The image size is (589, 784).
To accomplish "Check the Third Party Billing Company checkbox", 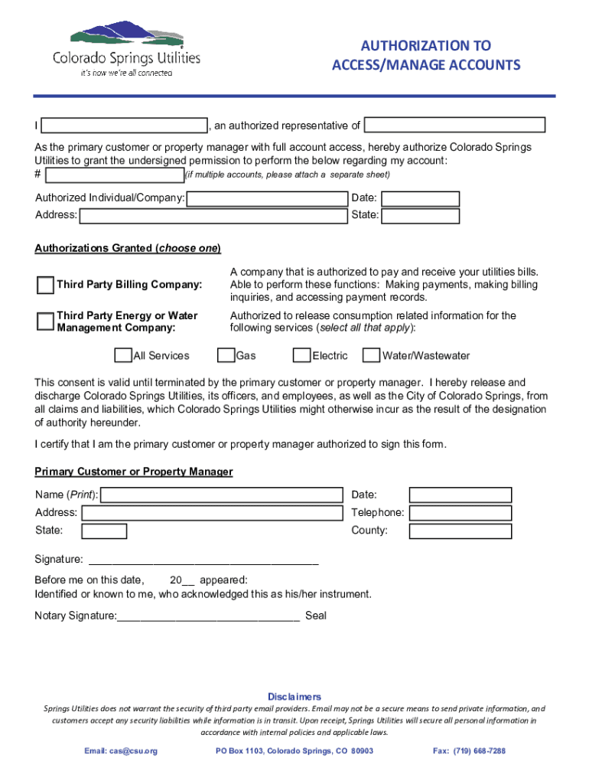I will coord(46,285).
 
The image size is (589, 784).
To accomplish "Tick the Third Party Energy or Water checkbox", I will coord(46,321).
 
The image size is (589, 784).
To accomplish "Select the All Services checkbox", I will coord(122,355).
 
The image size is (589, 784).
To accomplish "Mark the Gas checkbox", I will coord(226,355).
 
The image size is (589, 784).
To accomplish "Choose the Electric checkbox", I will coord(301,355).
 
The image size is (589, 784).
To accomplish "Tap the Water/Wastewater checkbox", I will coord(371,355).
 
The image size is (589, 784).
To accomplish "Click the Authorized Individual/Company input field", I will coord(267,199).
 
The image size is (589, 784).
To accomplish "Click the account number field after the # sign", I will coord(115,175).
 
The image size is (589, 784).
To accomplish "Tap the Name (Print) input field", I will coord(222,495).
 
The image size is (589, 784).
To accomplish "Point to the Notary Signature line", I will coord(208,616).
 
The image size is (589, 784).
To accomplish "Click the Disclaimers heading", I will coord(294,697).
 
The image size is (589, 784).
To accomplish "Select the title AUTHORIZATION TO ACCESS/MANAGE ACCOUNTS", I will coord(426,56).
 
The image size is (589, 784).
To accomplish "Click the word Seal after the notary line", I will coord(316,616).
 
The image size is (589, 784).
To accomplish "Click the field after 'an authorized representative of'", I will coord(454,126).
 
